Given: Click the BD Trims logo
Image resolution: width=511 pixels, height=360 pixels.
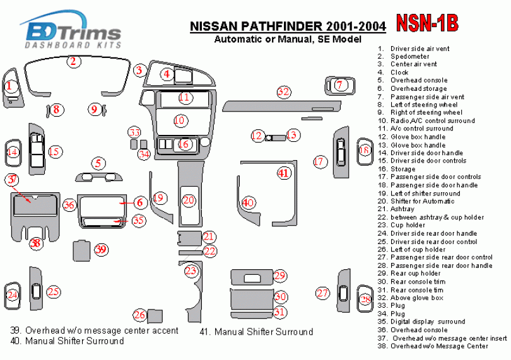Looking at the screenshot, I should (70, 31).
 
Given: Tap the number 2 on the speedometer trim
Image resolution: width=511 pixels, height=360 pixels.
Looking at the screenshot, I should (73, 61).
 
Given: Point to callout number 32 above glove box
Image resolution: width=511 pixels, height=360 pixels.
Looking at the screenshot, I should (284, 92).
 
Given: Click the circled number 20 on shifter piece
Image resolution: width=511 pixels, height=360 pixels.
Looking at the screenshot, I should (189, 201).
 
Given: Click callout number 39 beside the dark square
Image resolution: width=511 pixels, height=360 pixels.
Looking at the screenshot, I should (101, 250).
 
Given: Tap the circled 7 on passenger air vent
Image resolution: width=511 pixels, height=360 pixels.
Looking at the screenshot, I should (339, 84).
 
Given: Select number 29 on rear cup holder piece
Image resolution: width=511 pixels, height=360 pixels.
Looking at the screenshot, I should (280, 276).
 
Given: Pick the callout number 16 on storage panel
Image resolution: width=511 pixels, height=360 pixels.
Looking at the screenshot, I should (184, 144).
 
